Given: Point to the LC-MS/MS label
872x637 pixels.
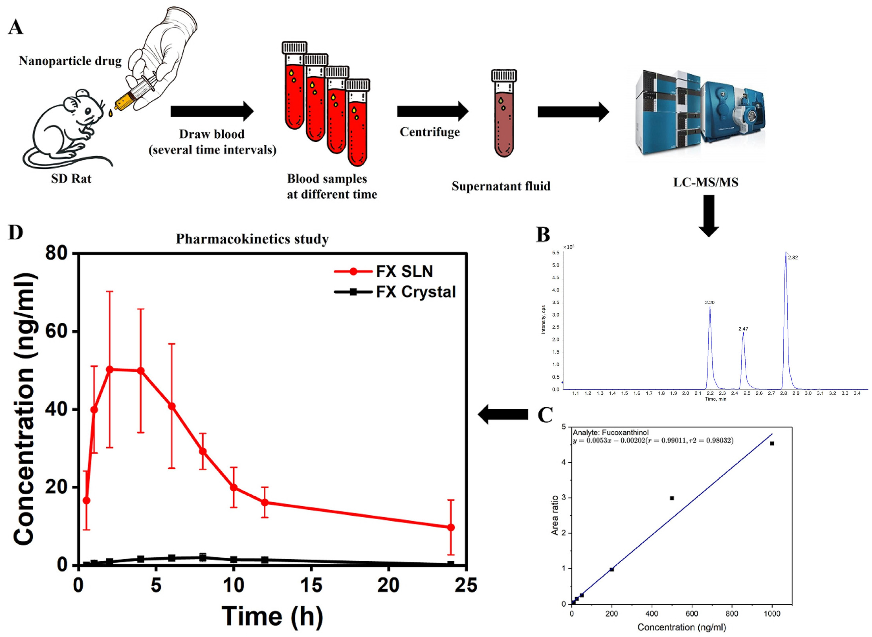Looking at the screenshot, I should pyautogui.click(x=705, y=182).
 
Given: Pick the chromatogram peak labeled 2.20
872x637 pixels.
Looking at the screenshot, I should pyautogui.click(x=710, y=308).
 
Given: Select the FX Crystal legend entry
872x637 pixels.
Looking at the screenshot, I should pyautogui.click(x=416, y=292).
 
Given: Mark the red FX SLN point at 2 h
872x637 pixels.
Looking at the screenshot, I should pyautogui.click(x=110, y=369).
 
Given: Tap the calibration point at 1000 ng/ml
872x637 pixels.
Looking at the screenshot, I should pyautogui.click(x=772, y=443).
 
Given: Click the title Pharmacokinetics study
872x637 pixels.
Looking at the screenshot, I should pyautogui.click(x=252, y=239).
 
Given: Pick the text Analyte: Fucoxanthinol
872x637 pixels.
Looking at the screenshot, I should pyautogui.click(x=610, y=433).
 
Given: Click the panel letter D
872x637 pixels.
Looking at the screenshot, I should pyautogui.click(x=15, y=232).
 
